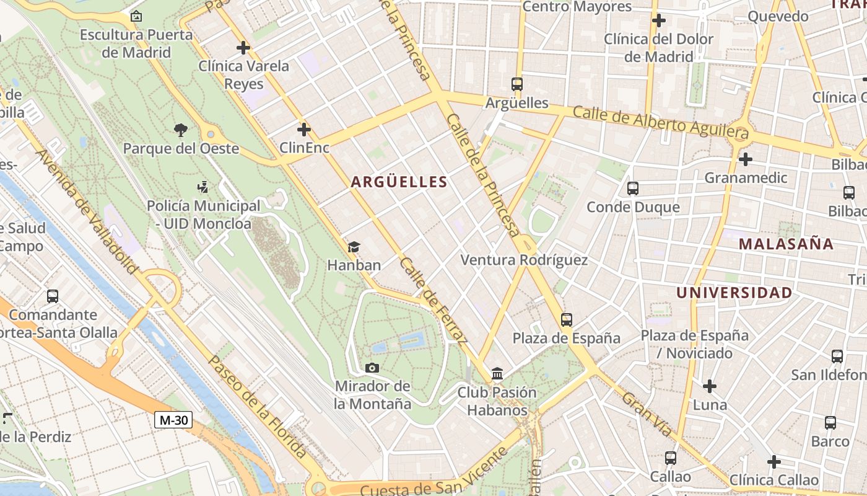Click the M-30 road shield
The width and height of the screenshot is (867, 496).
[173, 420]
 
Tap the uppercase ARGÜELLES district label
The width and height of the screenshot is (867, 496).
[399, 182]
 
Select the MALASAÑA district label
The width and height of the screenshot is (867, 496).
[786, 244]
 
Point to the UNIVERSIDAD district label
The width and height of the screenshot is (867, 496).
[734, 293]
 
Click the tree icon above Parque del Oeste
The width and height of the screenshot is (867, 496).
[181, 130]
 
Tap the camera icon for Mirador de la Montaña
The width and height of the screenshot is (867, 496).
[372, 368]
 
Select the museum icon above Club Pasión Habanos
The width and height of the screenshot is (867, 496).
[497, 373]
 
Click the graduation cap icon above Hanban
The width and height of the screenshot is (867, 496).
[354, 247]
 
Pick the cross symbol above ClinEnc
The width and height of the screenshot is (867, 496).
[303, 130]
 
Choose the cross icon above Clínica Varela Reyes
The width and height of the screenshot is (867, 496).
[243, 47]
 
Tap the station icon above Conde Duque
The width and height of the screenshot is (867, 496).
[633, 188]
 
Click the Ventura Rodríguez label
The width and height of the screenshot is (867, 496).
[524, 260]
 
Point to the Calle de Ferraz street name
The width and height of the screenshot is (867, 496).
[434, 301]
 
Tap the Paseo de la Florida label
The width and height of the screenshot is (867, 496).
[256, 407]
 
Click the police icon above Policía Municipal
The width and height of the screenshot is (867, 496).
[203, 187]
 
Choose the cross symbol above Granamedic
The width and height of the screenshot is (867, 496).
[746, 159]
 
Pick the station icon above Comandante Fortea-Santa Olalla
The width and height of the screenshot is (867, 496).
[53, 296]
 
